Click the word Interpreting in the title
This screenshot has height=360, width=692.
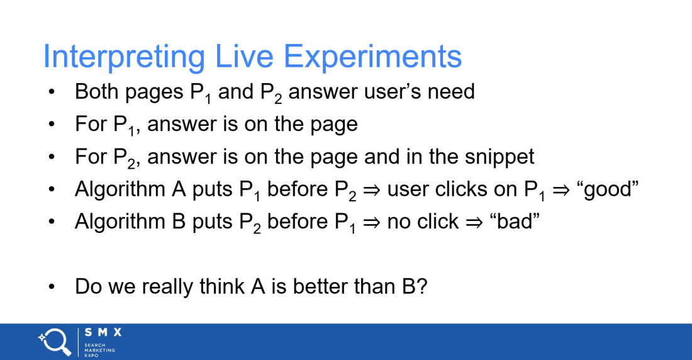click(124, 57)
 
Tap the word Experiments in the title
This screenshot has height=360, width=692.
click(372, 57)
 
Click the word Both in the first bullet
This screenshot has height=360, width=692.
click(97, 92)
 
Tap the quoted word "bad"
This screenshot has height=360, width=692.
click(515, 222)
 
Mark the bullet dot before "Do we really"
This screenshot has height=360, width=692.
click(52, 287)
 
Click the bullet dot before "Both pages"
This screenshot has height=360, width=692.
click(52, 93)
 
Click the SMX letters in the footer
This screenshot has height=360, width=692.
click(103, 332)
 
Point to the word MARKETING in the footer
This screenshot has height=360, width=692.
click(100, 351)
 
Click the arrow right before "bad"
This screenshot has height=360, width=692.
click(474, 222)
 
